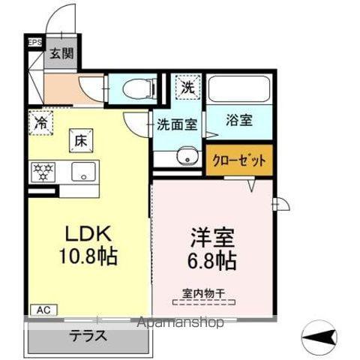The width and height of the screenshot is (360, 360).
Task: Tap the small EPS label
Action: coord(34,43)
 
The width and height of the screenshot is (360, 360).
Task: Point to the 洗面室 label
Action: coord(177,124)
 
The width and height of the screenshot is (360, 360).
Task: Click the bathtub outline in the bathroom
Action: coord(239,88)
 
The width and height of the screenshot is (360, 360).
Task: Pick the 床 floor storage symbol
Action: coord(79,139)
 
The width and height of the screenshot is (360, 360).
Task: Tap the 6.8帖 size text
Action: coord(213,261)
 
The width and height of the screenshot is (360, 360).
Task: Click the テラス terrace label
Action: coord(88,336)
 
